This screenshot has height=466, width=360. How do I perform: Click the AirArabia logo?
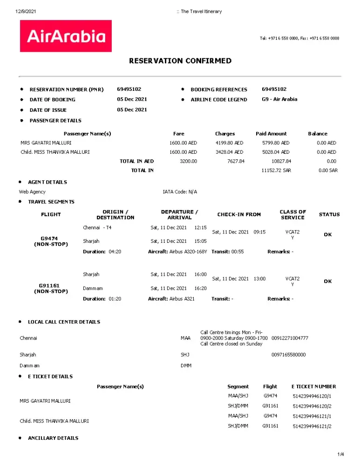(66, 36)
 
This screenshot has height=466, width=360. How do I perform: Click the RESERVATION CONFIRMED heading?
(180, 61)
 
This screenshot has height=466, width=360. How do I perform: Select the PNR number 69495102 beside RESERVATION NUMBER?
(129, 89)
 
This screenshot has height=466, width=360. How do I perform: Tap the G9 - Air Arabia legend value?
(279, 99)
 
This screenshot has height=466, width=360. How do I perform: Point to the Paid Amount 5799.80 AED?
(276, 143)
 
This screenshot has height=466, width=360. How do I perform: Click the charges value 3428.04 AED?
(229, 152)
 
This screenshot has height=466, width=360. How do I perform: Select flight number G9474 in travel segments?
(49, 238)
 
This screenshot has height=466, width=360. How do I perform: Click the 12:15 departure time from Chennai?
(200, 228)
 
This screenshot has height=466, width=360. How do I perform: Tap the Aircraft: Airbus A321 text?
(171, 299)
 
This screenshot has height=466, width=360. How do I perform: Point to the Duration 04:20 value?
(115, 252)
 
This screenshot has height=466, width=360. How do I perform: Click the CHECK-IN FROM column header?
(239, 214)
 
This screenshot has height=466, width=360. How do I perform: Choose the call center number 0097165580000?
(288, 355)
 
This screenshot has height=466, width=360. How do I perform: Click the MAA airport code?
(185, 338)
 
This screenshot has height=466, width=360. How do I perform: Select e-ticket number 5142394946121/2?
(312, 426)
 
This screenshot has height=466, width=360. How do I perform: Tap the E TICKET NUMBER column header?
(313, 386)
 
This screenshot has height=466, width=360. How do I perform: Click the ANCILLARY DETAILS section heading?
(53, 438)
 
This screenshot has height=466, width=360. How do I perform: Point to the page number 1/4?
(340, 454)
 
